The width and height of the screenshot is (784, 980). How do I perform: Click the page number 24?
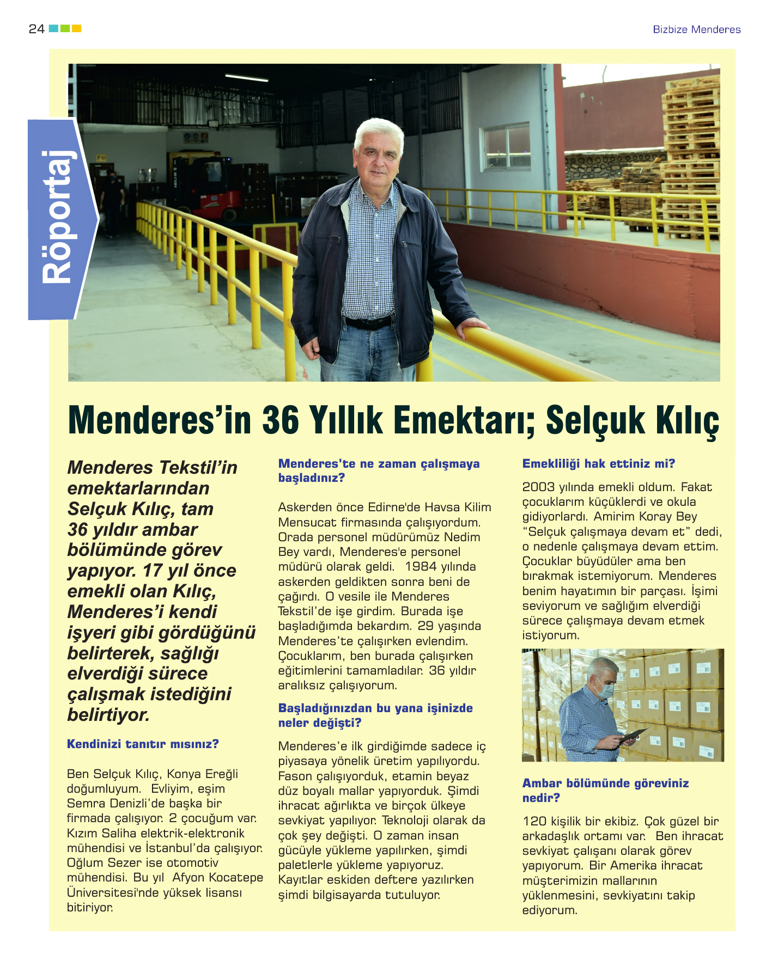(x=36, y=29)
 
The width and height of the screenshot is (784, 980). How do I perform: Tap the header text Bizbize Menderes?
(x=696, y=29)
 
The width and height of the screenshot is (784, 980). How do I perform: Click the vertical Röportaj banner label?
(x=58, y=218)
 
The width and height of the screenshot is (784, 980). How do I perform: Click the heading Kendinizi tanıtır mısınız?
(x=143, y=744)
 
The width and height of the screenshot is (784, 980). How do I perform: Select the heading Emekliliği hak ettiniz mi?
(x=598, y=464)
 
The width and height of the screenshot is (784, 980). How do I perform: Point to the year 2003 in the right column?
(x=538, y=487)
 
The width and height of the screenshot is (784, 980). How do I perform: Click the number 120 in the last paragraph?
(x=534, y=822)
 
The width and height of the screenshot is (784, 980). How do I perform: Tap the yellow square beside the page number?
(x=76, y=28)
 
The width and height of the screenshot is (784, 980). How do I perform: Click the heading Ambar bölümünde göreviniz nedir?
(x=605, y=790)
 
